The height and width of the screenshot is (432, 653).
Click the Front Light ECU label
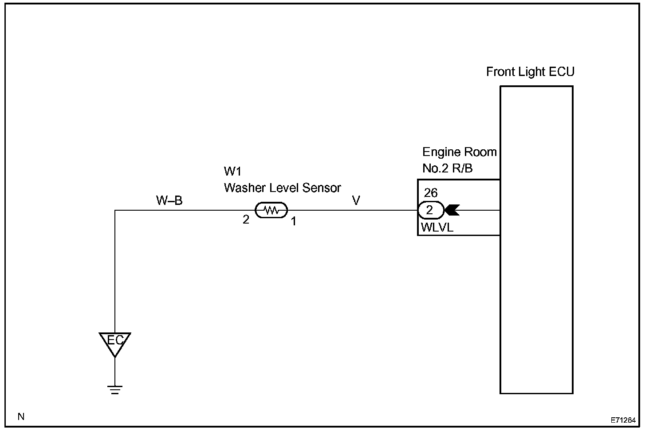530,72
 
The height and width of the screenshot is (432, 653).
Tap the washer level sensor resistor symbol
271,210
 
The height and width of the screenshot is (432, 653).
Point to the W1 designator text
232,171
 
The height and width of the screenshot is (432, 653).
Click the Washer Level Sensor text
282,188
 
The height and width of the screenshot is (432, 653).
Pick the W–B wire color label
169,201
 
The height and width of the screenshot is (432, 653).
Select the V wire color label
356,201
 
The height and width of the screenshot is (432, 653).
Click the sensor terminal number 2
246,220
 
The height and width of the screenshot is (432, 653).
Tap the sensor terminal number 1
293,221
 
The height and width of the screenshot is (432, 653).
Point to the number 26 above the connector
431,193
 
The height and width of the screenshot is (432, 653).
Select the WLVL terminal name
437,228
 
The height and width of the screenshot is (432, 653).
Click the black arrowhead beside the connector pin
452,210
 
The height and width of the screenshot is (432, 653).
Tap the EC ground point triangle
115,343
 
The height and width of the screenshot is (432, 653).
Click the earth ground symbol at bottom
115,390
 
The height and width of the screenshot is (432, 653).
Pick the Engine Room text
459,152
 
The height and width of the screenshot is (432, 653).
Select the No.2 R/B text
447,168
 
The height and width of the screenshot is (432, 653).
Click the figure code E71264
623,420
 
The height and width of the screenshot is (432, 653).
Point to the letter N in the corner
21,417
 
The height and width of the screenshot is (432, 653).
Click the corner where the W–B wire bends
115,210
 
